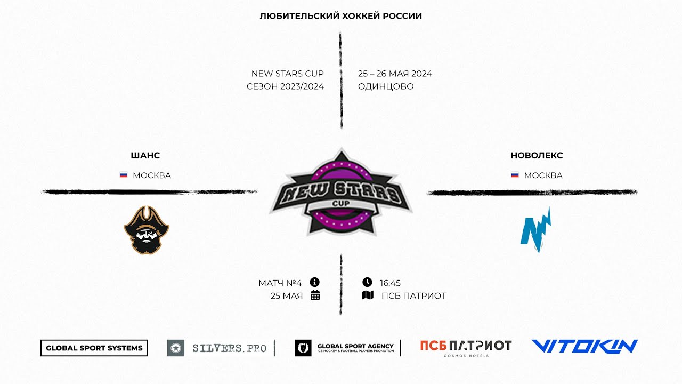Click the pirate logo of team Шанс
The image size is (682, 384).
(147, 230)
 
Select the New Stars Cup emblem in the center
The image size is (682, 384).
(340, 193)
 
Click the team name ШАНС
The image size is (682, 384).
(145, 156)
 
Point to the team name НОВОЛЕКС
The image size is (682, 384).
(537, 156)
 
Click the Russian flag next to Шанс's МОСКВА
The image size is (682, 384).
(124, 175)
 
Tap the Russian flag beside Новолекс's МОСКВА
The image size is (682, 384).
(515, 175)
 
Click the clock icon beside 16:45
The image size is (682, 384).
(367, 282)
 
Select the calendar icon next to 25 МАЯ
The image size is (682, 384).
(315, 295)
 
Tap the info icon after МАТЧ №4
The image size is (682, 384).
(315, 282)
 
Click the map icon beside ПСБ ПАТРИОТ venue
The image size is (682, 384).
(368, 295)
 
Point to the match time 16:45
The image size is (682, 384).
(390, 283)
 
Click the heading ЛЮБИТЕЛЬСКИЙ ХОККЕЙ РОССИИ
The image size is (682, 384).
(340, 16)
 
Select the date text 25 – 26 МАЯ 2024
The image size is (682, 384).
(395, 74)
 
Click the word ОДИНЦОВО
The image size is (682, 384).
(386, 86)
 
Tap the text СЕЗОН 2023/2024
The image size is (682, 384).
(285, 86)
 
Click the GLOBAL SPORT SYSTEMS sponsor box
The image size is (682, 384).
(94, 348)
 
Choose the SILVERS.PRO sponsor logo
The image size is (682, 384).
(217, 348)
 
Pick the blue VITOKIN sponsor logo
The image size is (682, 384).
(584, 347)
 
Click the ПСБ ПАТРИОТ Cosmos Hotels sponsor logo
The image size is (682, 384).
(466, 347)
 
